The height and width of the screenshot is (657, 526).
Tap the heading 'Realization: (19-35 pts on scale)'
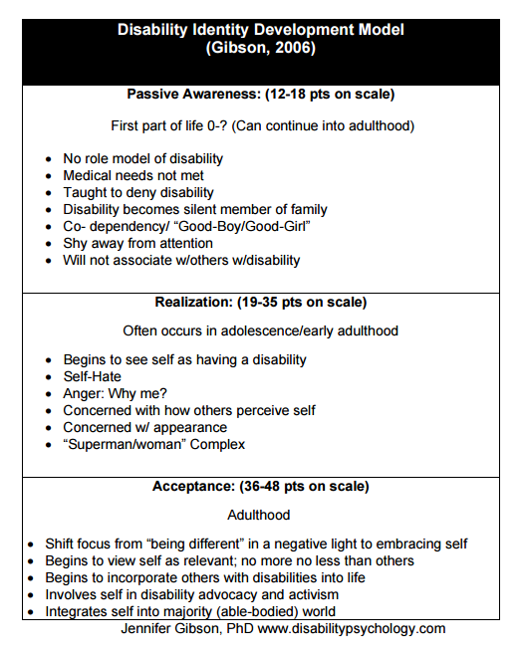[262, 302]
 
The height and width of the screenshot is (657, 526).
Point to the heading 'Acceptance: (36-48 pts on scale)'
[262, 487]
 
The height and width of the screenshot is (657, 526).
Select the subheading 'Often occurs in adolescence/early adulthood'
[262, 329]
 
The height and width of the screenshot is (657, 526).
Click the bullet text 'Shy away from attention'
[137, 243]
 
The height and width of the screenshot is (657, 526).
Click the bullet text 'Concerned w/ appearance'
[144, 427]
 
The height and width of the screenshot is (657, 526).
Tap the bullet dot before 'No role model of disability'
[49, 159]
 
